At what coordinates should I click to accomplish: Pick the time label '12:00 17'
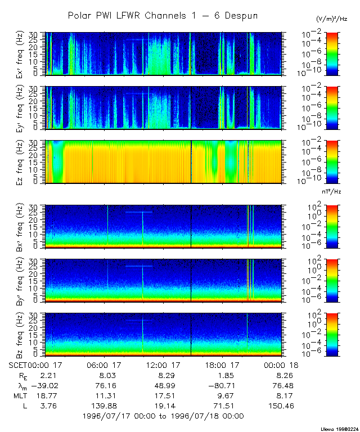coord(163,365)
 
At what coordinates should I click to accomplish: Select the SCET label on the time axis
coord(18,365)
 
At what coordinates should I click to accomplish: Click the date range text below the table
coord(163,416)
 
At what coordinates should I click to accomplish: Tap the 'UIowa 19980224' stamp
coord(339,428)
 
